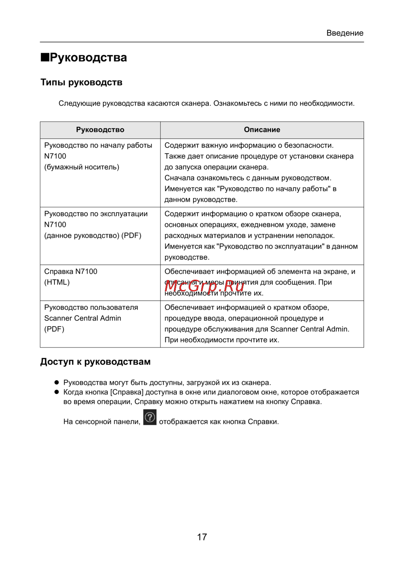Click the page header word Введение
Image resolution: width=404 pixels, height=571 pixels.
click(345, 33)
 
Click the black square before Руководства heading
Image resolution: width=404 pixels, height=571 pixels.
click(44, 57)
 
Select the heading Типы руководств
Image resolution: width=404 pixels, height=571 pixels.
click(81, 82)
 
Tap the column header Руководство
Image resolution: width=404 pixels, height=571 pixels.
click(100, 130)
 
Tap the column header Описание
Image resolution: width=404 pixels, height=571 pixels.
click(262, 130)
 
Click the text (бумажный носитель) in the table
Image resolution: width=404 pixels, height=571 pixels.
click(82, 167)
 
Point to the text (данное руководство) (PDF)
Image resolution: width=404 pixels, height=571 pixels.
click(93, 236)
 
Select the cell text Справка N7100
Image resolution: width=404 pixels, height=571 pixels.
click(71, 272)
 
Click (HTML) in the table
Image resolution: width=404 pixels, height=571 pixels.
click(57, 282)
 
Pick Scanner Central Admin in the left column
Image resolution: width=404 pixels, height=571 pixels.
click(82, 318)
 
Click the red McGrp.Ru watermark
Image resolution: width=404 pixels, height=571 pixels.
click(204, 286)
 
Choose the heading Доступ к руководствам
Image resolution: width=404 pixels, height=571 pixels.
click(95, 362)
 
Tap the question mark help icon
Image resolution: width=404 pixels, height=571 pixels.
click(150, 417)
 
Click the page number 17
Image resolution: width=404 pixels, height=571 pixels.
click(202, 537)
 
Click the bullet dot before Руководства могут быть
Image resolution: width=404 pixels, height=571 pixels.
click(57, 382)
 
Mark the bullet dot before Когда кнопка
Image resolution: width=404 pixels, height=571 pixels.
click(57, 392)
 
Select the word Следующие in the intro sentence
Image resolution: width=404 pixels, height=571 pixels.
click(79, 103)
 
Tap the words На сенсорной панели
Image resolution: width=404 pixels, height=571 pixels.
click(102, 422)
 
